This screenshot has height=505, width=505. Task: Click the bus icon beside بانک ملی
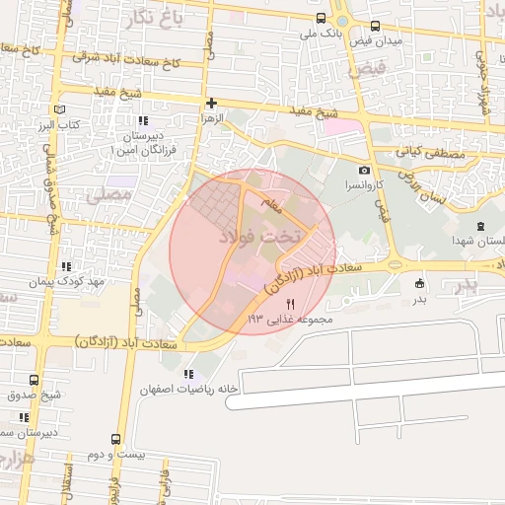pyautogui.click(x=321, y=18)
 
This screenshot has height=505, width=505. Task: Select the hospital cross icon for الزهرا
pyautogui.click(x=211, y=103)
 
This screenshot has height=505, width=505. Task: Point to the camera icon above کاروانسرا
pyautogui.click(x=364, y=171)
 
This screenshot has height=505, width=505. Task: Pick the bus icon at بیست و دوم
pyautogui.click(x=116, y=439)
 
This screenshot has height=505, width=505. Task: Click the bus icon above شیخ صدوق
pyautogui.click(x=35, y=381)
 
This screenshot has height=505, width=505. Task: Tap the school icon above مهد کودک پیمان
pyautogui.click(x=66, y=266)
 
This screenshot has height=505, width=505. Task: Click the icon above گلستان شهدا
pyautogui.click(x=480, y=227)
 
